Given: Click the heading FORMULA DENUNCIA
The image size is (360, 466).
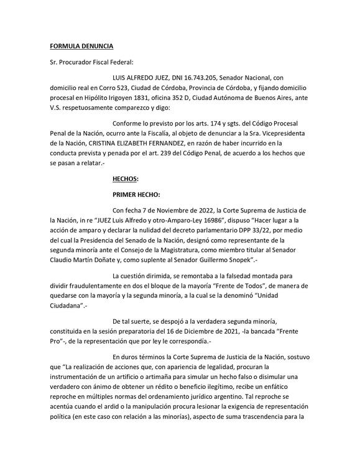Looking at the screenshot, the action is tap(81, 46).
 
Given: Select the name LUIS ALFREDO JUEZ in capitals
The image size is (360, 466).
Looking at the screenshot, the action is tap(136, 77).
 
